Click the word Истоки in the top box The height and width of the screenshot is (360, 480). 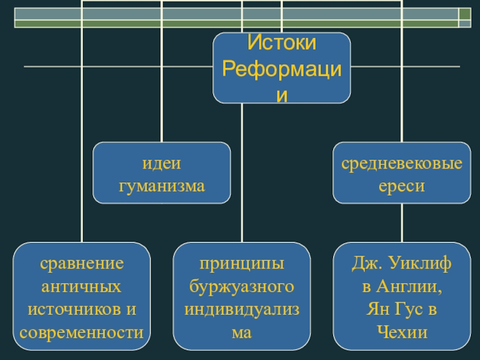click(x=281, y=43)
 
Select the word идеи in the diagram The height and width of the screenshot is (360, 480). click(x=161, y=164)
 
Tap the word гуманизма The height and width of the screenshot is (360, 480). click(x=161, y=186)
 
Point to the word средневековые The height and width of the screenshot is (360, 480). click(x=402, y=164)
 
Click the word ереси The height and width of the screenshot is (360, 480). click(x=401, y=186)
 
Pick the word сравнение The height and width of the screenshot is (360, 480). click(x=82, y=263)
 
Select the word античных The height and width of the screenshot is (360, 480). click(x=82, y=286)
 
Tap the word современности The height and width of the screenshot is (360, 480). click(x=82, y=331)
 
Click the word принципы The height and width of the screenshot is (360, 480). click(x=242, y=263)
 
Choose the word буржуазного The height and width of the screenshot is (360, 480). click(x=242, y=286)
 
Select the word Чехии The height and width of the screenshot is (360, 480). click(x=401, y=331)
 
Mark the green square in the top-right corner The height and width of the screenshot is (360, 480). click(x=464, y=14)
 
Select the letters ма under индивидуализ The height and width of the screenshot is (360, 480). click(x=242, y=331)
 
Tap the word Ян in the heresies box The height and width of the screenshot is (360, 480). click(x=377, y=309)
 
